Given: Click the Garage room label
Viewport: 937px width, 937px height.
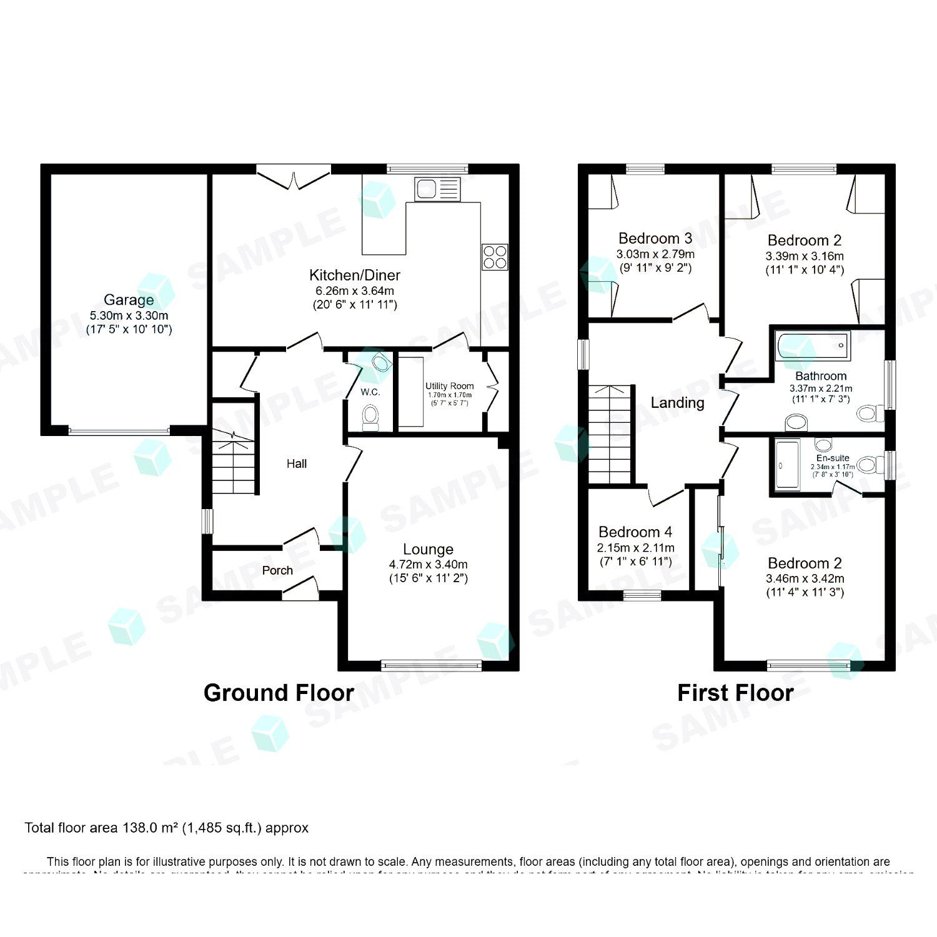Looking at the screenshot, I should (129, 300).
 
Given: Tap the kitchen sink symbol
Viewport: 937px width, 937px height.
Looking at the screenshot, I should (437, 189).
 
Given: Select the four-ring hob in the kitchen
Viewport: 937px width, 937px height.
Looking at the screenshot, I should (495, 257).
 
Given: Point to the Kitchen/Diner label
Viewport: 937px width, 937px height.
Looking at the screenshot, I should (355, 275).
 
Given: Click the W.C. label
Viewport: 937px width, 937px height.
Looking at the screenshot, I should (370, 392).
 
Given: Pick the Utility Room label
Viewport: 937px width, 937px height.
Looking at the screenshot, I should (450, 386).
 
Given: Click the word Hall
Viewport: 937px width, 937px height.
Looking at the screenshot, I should (297, 464).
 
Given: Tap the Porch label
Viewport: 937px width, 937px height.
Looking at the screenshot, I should (277, 570).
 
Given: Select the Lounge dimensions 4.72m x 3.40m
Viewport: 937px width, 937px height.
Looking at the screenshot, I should (429, 564).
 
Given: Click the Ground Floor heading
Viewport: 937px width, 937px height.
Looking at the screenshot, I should (279, 693).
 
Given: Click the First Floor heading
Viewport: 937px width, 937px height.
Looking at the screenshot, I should (735, 693).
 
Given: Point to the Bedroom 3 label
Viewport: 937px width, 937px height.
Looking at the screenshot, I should (655, 238).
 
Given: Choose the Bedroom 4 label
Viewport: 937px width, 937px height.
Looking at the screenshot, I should (635, 532).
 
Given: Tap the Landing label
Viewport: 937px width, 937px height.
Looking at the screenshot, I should (678, 403).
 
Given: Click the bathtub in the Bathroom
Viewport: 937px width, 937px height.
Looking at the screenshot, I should (813, 345).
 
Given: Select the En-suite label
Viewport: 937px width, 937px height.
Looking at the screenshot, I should (833, 458).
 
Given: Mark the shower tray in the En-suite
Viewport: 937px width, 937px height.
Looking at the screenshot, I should (786, 465).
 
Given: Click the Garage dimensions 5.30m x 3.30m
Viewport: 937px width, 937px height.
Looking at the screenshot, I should (129, 315).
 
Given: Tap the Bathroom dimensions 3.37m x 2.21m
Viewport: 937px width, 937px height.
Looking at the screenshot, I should (821, 388).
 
